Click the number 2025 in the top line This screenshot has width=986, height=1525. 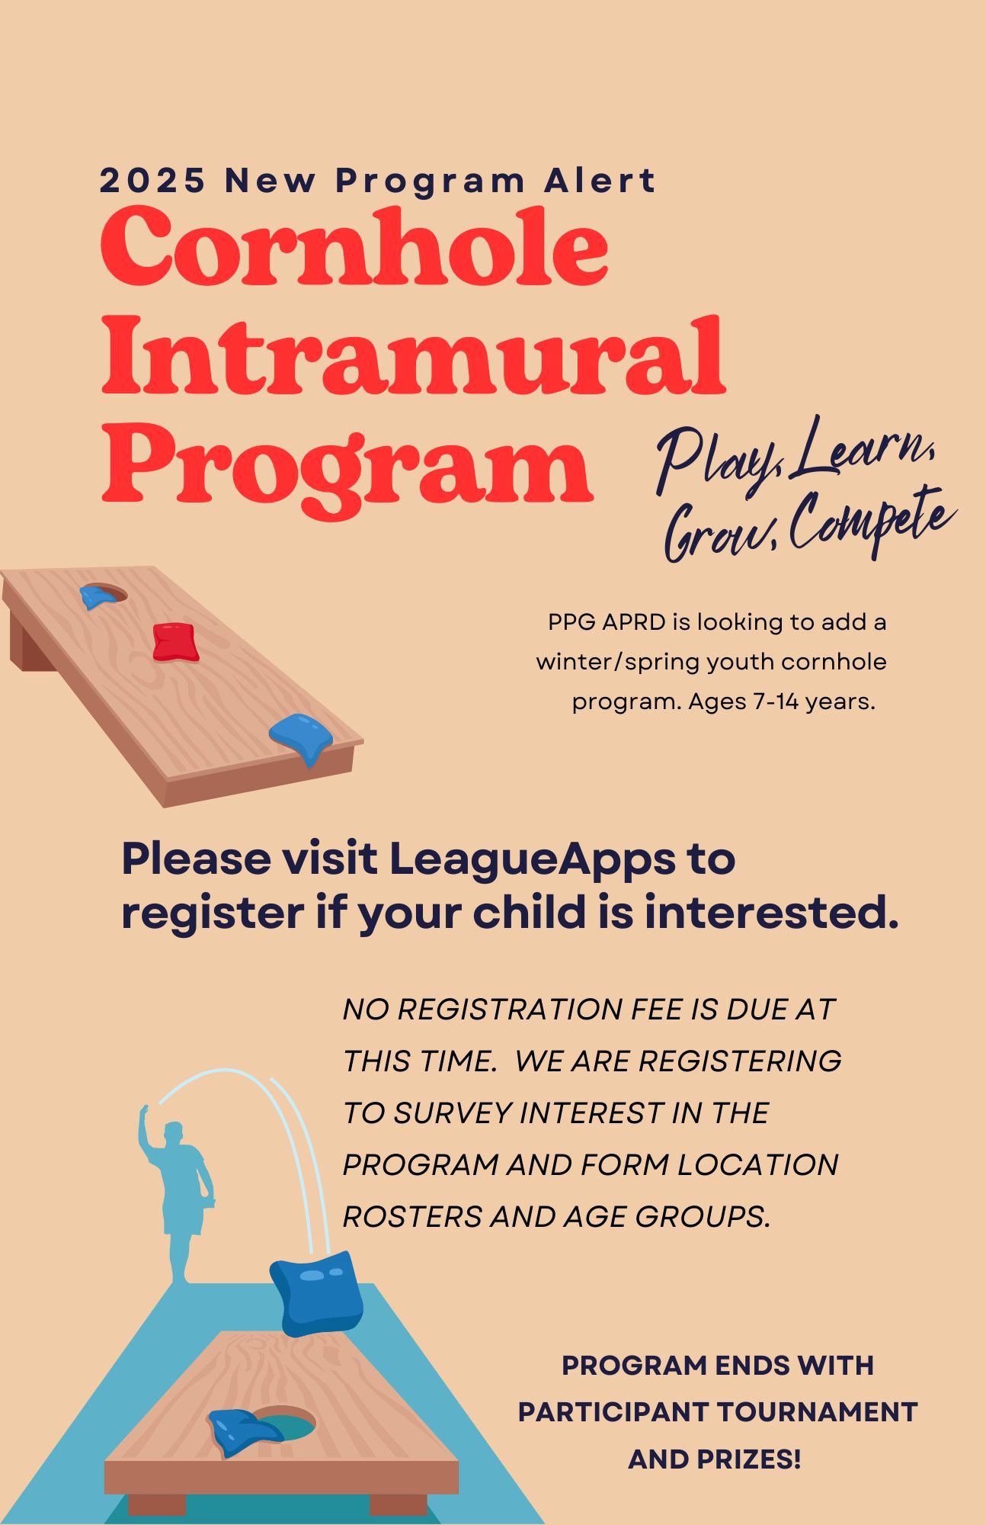[x=152, y=181]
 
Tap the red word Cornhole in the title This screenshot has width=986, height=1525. [x=354, y=246]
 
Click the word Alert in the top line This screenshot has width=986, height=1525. [x=600, y=181]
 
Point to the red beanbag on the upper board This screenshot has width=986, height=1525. [x=175, y=641]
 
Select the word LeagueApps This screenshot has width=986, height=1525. [x=532, y=859]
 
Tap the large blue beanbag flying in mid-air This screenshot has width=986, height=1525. [x=316, y=1294]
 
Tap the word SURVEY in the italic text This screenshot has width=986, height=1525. [x=453, y=1112]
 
